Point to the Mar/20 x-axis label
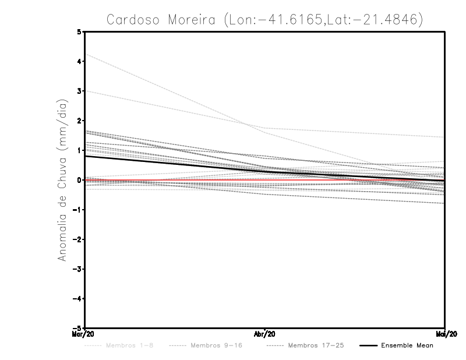(x=85, y=334)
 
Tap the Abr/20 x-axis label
(x=265, y=334)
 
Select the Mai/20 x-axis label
(x=444, y=334)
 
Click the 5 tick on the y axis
(x=79, y=31)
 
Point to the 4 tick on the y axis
(x=79, y=61)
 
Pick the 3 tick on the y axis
(x=79, y=91)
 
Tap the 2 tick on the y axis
(x=79, y=121)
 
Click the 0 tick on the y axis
(x=79, y=180)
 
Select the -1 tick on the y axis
(x=77, y=210)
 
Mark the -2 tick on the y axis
(x=77, y=239)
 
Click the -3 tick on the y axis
(x=77, y=269)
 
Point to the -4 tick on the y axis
(x=77, y=299)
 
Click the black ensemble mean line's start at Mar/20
(x=86, y=156)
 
